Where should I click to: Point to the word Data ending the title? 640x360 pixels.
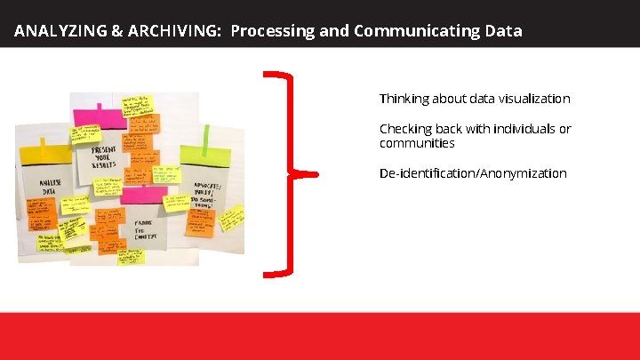[x=504, y=31]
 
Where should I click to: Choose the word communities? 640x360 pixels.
[x=417, y=143]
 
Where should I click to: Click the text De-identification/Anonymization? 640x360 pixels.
[x=472, y=173]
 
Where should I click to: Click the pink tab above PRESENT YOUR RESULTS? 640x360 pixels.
[x=100, y=116]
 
